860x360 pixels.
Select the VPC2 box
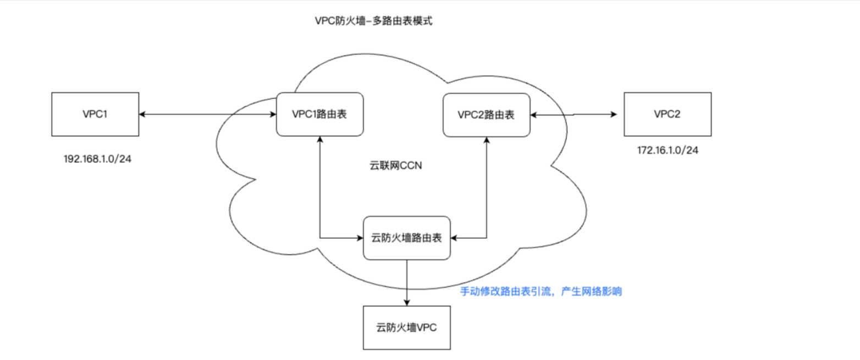coord(667,114)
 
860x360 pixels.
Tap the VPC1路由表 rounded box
coord(319,114)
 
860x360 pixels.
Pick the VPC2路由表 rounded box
coord(486,115)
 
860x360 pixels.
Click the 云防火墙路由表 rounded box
coord(407,238)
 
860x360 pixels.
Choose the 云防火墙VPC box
coord(407,328)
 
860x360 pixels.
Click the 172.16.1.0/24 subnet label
coord(668,149)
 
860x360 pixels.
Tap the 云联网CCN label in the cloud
coord(396,165)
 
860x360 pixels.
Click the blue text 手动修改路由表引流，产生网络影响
coord(541,292)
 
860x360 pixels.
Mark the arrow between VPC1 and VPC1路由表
coord(207,114)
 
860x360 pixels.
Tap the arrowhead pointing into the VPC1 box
coord(142,114)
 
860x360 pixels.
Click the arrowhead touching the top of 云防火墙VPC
coord(407,302)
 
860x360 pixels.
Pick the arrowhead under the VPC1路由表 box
coord(319,141)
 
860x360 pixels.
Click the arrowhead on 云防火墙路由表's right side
coord(455,238)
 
